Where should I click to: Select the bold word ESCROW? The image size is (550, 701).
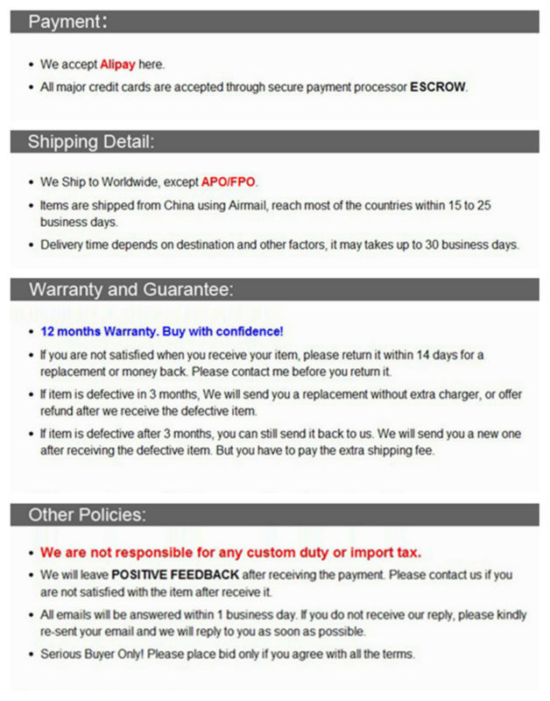point(438,87)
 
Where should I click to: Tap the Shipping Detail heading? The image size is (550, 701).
point(91,141)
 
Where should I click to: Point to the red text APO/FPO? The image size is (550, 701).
point(229,181)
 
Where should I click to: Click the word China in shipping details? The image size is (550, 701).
point(175,205)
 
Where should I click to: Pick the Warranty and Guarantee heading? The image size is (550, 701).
point(131,289)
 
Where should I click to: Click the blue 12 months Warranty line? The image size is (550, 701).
point(162,331)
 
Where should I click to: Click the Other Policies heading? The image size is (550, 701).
point(88,514)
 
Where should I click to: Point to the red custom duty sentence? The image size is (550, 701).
point(230,552)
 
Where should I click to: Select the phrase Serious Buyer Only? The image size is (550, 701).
point(94,654)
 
